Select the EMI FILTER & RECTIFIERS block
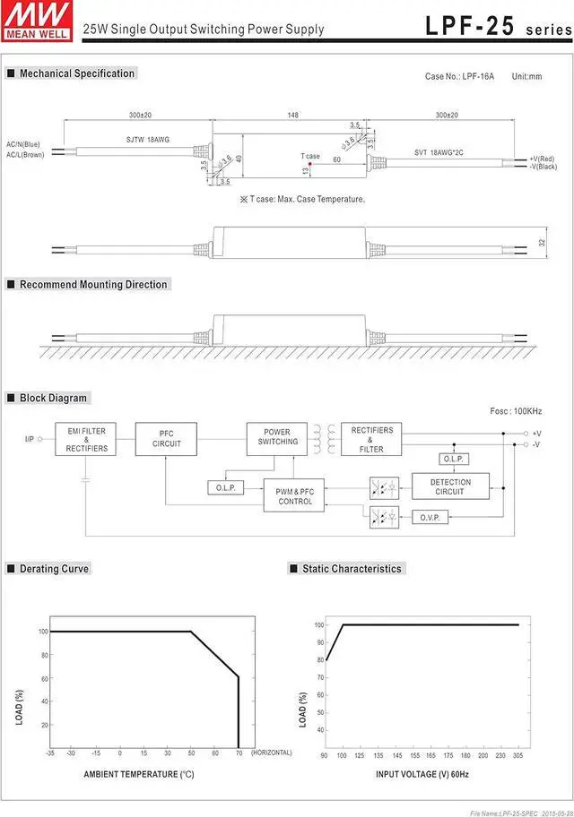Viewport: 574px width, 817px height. (x=86, y=440)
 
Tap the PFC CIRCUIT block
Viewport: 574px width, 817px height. (x=166, y=439)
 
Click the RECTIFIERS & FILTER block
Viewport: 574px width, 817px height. (x=371, y=439)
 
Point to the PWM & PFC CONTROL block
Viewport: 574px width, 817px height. (x=294, y=496)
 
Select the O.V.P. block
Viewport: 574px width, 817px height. (x=429, y=518)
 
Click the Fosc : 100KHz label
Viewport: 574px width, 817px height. (x=516, y=410)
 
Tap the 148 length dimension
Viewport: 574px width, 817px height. (x=293, y=116)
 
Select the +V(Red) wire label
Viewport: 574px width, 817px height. (x=543, y=159)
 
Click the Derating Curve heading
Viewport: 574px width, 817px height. (x=54, y=569)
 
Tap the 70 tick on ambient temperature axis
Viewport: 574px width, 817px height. (x=239, y=753)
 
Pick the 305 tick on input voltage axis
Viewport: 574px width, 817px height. (x=517, y=756)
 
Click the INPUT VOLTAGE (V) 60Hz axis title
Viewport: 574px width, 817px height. (x=422, y=774)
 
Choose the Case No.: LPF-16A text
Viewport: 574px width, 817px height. (x=457, y=77)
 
